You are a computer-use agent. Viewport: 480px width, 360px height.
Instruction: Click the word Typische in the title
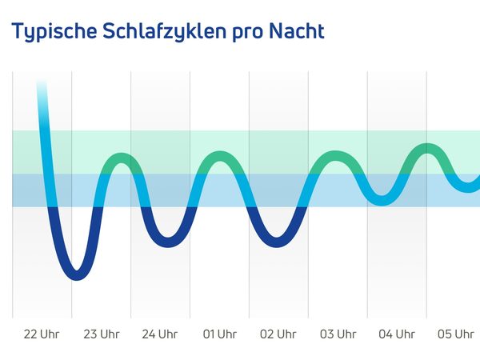click(54, 32)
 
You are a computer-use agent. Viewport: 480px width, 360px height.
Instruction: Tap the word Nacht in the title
click(297, 32)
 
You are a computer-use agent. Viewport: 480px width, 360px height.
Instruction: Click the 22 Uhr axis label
click(42, 334)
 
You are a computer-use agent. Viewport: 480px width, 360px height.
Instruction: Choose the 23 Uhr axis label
click(101, 334)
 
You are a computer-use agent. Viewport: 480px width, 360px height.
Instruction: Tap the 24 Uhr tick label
click(159, 334)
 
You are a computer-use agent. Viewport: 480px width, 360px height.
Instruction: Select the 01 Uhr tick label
click(219, 334)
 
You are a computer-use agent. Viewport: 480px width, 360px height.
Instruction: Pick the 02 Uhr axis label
click(278, 334)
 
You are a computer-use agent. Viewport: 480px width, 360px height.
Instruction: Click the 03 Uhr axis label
click(338, 334)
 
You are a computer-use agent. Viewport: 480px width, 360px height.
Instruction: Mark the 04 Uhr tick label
click(397, 334)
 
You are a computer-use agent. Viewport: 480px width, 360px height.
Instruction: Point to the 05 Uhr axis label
click(455, 334)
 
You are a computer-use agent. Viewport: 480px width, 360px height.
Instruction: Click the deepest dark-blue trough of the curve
click(76, 274)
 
